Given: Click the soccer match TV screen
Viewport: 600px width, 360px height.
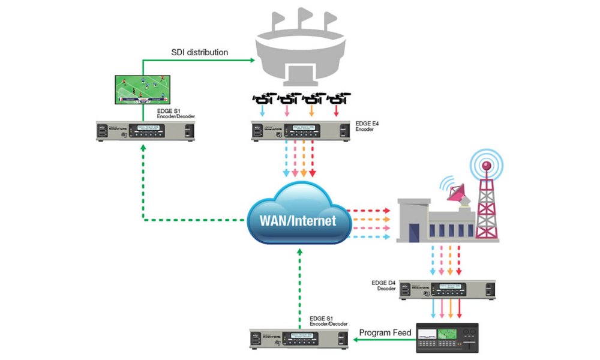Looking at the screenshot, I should click(142, 90).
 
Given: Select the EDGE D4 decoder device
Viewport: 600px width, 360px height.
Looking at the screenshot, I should click(448, 290).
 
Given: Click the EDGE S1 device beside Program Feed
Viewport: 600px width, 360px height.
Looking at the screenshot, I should click(301, 340).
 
